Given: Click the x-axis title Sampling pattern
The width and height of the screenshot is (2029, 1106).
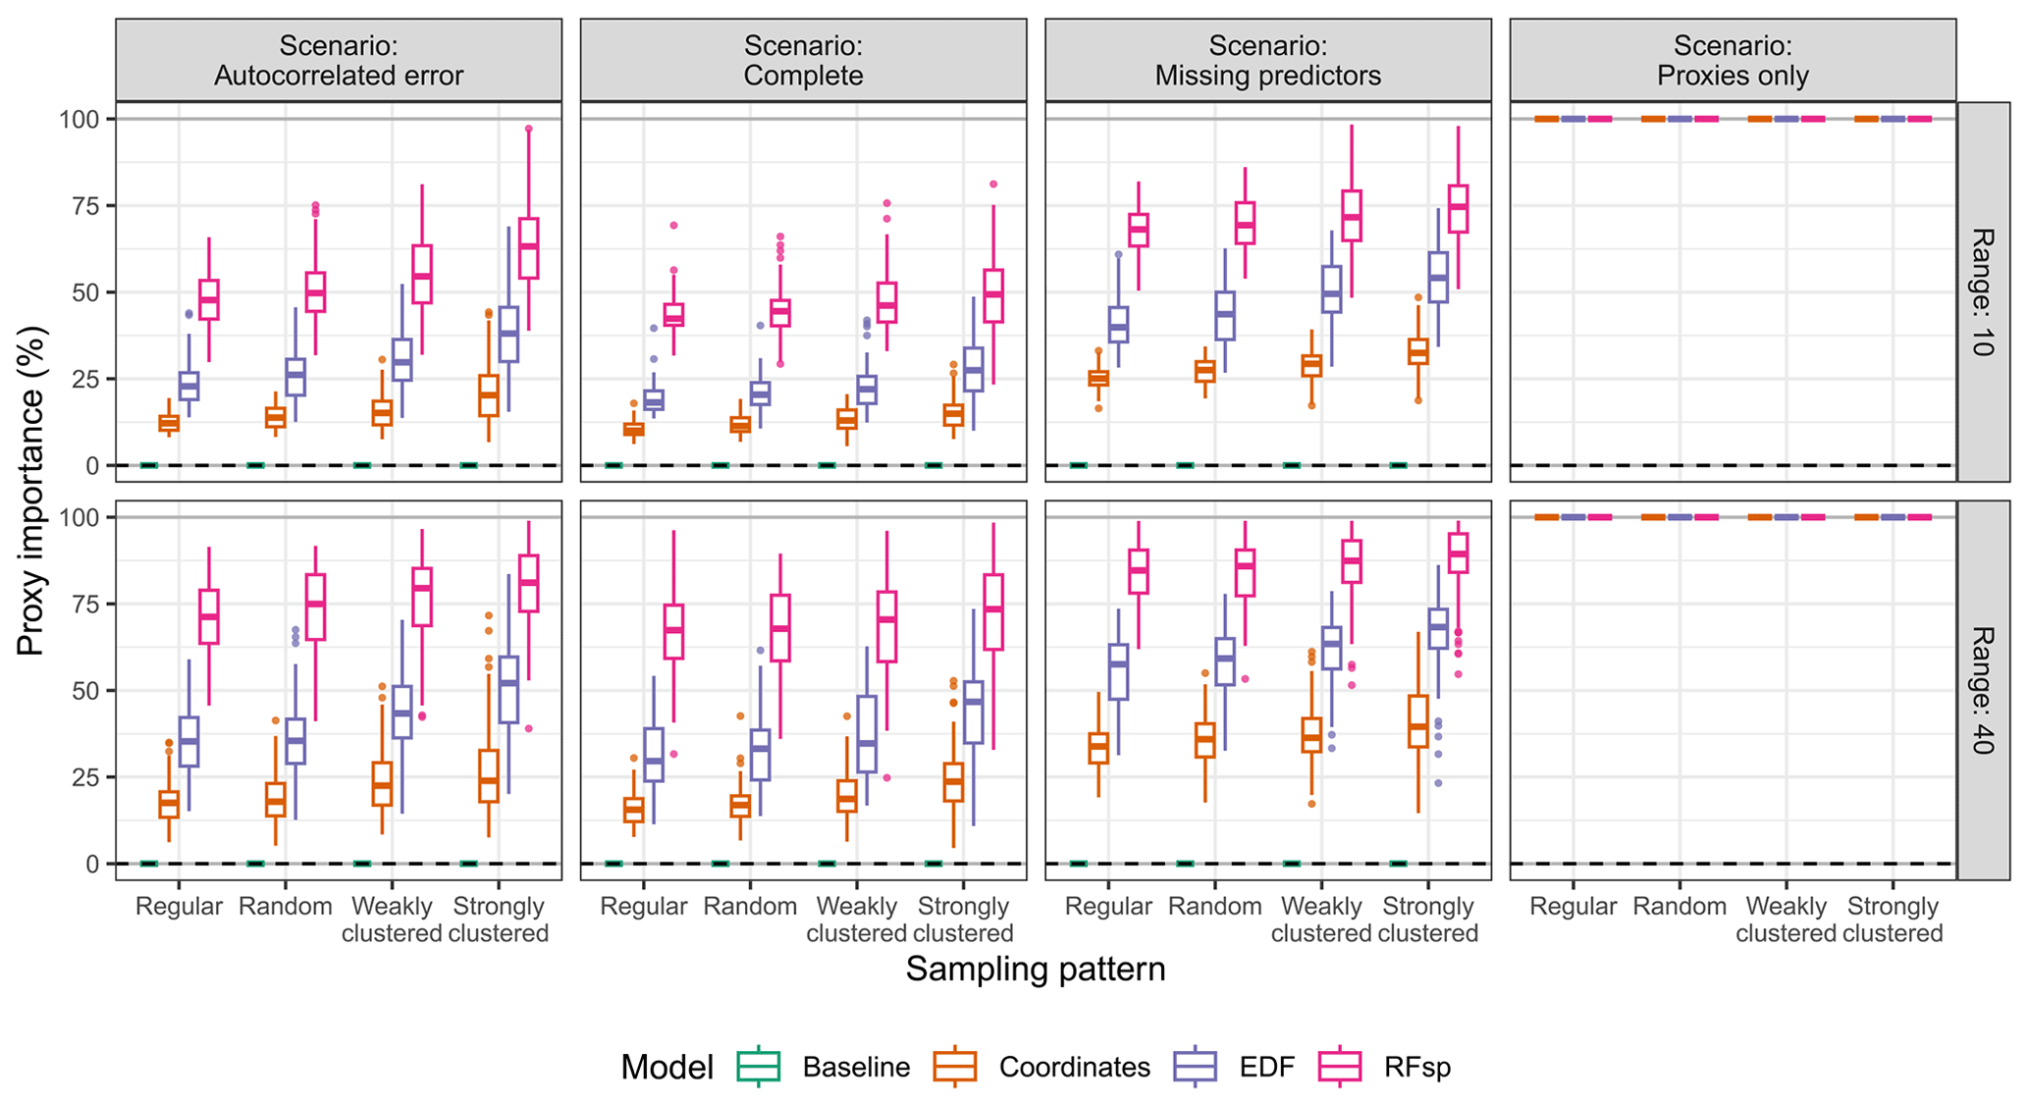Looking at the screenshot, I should (x=1035, y=970).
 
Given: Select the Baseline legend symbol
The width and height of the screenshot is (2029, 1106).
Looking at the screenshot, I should (x=758, y=1067).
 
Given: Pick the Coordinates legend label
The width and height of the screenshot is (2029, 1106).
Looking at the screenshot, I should (x=1074, y=1068).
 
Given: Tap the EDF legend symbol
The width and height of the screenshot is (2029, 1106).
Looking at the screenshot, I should (x=1195, y=1067).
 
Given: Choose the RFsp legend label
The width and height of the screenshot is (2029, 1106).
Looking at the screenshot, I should (x=1416, y=1068).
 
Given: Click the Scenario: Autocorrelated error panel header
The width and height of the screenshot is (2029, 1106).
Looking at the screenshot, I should (x=339, y=61).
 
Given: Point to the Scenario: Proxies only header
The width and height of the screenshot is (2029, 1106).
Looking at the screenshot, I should (x=1733, y=61).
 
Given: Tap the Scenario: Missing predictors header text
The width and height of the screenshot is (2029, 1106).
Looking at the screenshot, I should (x=1267, y=61).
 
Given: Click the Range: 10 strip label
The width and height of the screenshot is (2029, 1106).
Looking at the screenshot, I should (x=1982, y=291).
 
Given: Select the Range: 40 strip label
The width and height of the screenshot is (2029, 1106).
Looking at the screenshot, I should (x=1982, y=690).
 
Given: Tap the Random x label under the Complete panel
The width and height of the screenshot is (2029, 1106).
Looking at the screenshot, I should (x=750, y=907).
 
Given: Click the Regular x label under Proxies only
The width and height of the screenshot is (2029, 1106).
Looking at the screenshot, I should (x=1573, y=907).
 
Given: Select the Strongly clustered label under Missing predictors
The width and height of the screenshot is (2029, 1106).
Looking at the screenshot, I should (x=1427, y=920).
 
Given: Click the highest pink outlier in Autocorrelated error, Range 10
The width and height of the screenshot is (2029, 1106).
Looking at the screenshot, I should (x=528, y=129).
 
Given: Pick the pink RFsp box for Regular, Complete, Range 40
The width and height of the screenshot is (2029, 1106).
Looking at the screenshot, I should (x=673, y=632).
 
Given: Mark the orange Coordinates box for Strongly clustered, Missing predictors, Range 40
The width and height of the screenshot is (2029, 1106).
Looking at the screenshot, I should (x=1417, y=721).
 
